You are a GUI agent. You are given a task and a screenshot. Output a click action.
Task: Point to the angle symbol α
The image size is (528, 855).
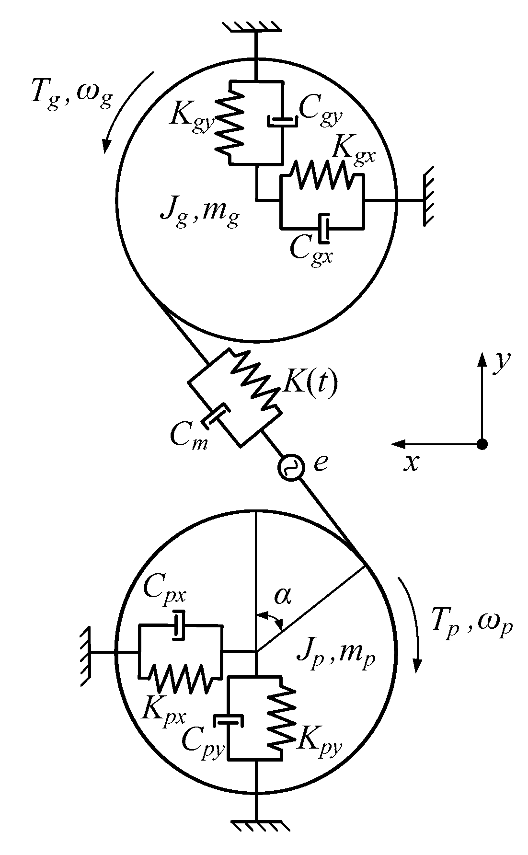pyautogui.click(x=283, y=596)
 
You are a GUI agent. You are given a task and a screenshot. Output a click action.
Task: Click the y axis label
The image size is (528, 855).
pyautogui.click(x=502, y=360)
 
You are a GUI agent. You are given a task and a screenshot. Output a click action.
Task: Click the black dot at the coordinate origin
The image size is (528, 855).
pyautogui.click(x=482, y=444)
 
